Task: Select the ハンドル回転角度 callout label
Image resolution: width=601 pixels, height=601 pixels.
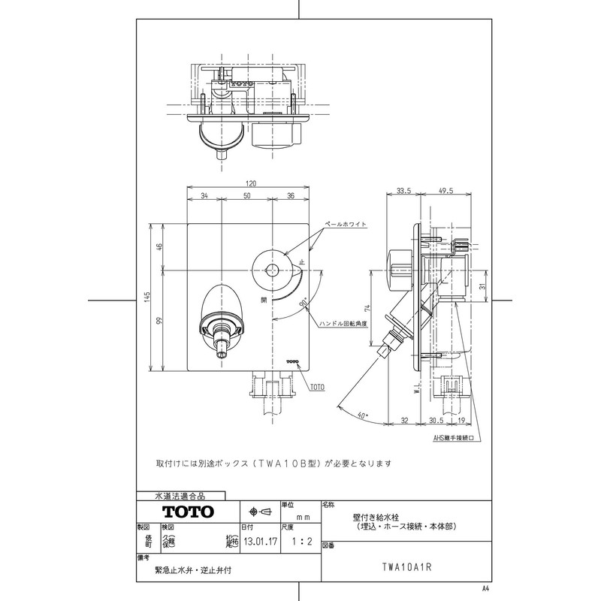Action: (x=342, y=323)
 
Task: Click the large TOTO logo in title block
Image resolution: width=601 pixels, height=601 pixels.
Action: (x=185, y=512)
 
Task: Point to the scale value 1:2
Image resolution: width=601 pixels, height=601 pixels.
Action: (x=299, y=538)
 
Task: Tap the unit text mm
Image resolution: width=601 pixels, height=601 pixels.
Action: (x=299, y=518)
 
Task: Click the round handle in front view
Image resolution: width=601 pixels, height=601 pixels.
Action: (x=271, y=269)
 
